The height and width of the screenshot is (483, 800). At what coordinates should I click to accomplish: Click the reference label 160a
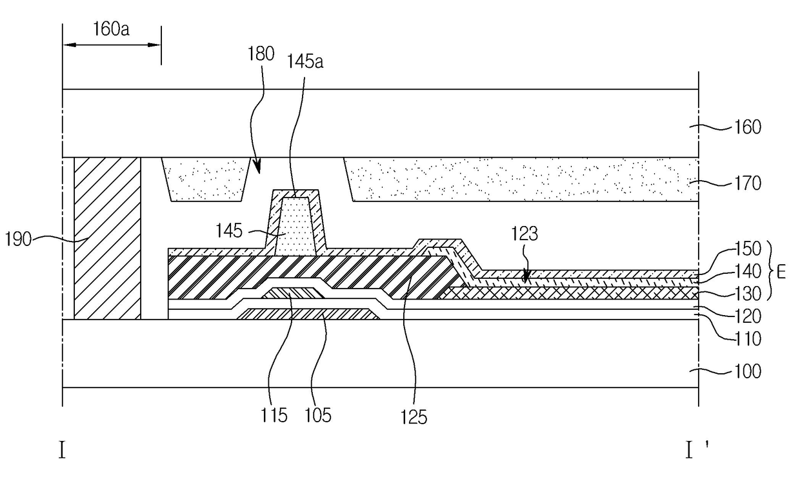[x=111, y=29]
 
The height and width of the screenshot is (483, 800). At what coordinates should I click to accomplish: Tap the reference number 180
[x=261, y=54]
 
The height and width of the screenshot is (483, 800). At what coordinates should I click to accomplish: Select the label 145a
[x=305, y=61]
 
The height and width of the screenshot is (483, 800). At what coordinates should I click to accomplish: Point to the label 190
[x=18, y=239]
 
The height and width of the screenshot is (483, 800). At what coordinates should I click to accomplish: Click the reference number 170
[x=748, y=183]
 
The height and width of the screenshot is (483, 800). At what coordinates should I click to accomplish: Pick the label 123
[x=525, y=234]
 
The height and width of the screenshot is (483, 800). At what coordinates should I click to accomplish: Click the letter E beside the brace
[x=781, y=272]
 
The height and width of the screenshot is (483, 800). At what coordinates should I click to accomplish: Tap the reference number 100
[x=748, y=372]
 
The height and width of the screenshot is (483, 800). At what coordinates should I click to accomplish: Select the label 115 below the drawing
[x=274, y=416]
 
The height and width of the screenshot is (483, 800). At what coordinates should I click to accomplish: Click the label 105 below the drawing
[x=318, y=416]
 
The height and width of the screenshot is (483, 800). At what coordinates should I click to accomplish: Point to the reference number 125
[x=414, y=417]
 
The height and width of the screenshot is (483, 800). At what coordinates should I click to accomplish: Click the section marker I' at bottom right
[x=696, y=449]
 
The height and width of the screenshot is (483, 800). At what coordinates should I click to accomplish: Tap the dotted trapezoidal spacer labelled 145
[x=295, y=226]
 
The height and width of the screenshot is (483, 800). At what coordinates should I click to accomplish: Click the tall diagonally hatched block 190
[x=107, y=238]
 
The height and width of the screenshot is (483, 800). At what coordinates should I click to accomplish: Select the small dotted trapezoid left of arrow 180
[x=206, y=180]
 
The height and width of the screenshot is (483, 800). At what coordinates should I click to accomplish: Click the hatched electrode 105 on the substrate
[x=308, y=314]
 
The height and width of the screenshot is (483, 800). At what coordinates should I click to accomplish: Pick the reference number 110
[x=748, y=338]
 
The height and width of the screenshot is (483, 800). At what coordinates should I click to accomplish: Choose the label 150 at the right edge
[x=748, y=249]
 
